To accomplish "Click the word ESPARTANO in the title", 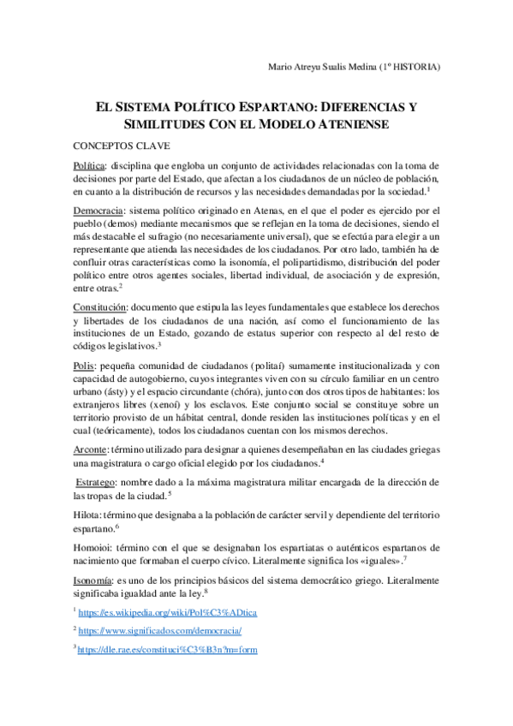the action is coord(271,108).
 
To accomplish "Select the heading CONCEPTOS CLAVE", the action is coord(121,146).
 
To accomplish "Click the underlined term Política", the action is coord(91,165).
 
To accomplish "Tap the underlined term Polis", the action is coord(85,366).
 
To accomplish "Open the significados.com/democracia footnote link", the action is coord(160,631).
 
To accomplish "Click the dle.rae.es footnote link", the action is coord(167,650).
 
